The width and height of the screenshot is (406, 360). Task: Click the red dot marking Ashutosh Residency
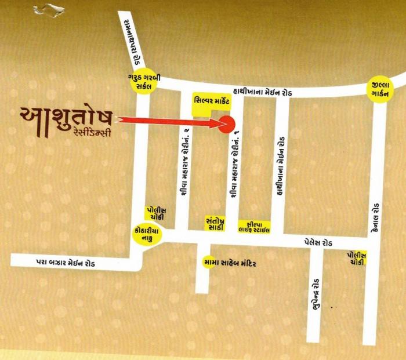227,123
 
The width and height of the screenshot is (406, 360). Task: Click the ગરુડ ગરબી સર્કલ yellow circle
139,82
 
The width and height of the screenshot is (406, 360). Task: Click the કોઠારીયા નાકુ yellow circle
145,235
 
